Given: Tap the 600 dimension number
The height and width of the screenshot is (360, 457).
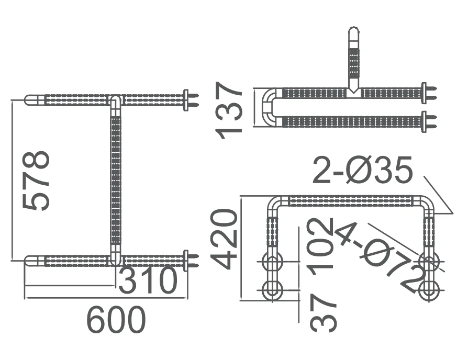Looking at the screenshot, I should (116, 320).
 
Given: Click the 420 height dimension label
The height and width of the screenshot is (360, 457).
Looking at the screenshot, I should (224, 239).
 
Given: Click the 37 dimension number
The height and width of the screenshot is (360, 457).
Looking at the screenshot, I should (322, 312).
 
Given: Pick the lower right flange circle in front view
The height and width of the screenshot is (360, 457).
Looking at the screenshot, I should (430, 289).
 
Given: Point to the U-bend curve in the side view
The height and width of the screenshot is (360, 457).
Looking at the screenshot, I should (267, 107).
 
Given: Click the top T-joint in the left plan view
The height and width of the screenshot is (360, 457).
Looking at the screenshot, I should (116, 100).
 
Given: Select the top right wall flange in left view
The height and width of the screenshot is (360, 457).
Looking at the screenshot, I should (186, 99).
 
